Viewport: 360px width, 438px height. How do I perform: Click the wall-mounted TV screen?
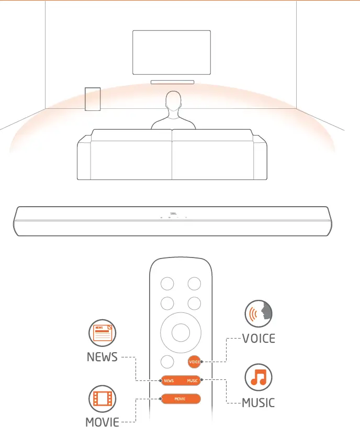pos(172,52)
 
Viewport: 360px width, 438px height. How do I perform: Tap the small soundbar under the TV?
pos(172,82)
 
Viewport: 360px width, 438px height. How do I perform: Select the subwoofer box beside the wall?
pos(93,99)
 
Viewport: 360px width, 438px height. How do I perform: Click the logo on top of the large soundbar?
pos(174,213)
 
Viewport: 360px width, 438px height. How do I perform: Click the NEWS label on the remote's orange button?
pos(168,381)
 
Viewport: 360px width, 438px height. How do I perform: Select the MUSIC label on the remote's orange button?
pos(193,381)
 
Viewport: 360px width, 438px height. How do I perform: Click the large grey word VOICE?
pos(258,339)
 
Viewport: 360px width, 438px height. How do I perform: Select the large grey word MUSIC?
pos(258,403)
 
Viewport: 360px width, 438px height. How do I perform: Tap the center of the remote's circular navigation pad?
pos(181,331)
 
